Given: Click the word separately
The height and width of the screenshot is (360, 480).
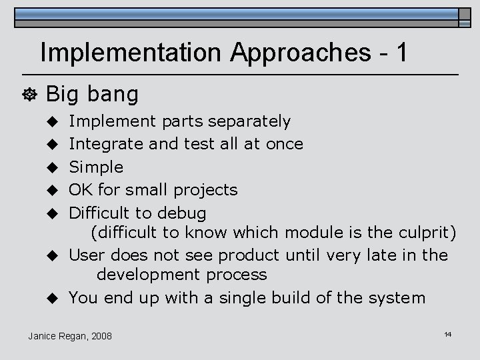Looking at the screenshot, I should coord(249,121).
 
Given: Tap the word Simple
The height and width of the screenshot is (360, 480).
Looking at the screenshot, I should coord(97,166).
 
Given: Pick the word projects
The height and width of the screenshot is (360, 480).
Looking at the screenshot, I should coord(205,189).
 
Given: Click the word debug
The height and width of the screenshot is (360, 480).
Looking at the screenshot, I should coord(181,213).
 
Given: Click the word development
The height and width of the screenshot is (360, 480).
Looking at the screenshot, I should coord(148,275).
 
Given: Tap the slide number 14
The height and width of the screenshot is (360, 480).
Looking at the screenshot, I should coord(448,333).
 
